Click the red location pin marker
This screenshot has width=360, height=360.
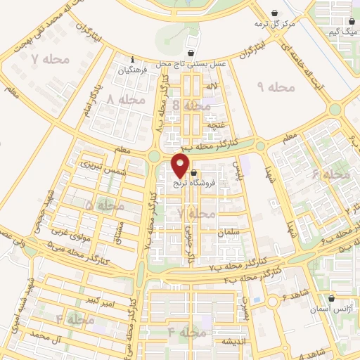181,166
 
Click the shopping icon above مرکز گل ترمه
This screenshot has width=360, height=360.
275,12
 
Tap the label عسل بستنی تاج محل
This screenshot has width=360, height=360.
192,63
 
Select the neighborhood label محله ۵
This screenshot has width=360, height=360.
104,205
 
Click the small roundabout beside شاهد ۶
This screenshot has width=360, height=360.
271,301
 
